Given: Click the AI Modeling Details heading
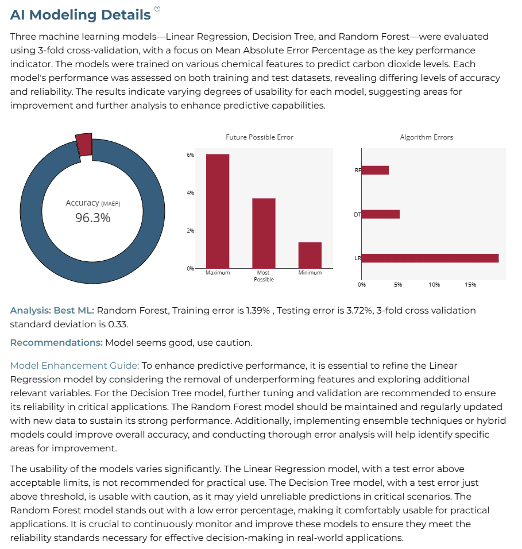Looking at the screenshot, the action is point(80,15).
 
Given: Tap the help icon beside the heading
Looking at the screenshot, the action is point(157,9).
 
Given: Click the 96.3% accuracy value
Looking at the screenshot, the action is point(93,218).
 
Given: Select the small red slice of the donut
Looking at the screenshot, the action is point(84,144).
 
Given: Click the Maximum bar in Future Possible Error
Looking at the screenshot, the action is point(218,211).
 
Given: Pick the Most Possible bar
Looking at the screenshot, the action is point(264,233).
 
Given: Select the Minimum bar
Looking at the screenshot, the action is point(310,255).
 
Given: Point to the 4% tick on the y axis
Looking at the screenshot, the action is point(191,192).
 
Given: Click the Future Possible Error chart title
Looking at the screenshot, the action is point(260,137).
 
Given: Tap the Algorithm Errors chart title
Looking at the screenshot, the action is point(427,137).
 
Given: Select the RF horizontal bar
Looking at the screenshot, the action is point(375,170).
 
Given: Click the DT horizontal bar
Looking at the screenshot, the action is point(381,214).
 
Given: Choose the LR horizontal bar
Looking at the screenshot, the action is point(430,258).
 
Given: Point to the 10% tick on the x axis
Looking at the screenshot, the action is point(434,285).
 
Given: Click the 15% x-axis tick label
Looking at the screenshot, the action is point(470,285).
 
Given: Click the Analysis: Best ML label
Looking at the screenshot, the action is point(52,311).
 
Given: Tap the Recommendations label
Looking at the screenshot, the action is point(56,342).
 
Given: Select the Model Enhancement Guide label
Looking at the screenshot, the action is point(75,366).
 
